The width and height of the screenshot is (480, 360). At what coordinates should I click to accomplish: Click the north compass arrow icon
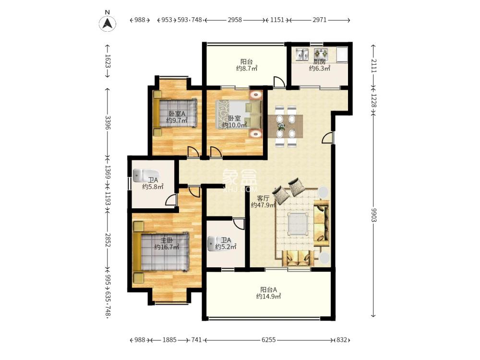[108, 23]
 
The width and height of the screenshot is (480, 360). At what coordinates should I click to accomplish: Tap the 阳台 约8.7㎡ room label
[246, 65]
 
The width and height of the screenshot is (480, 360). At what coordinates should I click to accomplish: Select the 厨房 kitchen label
[319, 62]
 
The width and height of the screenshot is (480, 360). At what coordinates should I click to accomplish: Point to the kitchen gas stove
[321, 54]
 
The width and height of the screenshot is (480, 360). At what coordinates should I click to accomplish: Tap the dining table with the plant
[285, 126]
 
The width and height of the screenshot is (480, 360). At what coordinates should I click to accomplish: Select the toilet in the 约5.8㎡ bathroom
[146, 175]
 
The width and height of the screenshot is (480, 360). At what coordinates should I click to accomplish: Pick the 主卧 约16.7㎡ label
[167, 243]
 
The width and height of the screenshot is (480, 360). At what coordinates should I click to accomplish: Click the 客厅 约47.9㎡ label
[263, 202]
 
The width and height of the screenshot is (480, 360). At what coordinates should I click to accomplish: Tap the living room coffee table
[298, 224]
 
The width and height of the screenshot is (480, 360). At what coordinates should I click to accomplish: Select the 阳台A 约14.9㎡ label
[268, 293]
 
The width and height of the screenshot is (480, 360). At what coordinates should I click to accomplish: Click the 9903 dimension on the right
[374, 215]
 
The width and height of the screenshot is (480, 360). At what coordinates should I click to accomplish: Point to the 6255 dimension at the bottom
[268, 340]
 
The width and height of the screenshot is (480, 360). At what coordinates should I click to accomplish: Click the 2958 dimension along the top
[235, 20]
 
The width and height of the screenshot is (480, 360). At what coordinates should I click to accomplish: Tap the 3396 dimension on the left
[108, 122]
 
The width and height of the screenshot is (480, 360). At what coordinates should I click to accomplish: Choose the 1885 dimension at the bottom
[169, 340]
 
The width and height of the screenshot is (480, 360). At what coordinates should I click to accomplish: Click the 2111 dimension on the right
[374, 66]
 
